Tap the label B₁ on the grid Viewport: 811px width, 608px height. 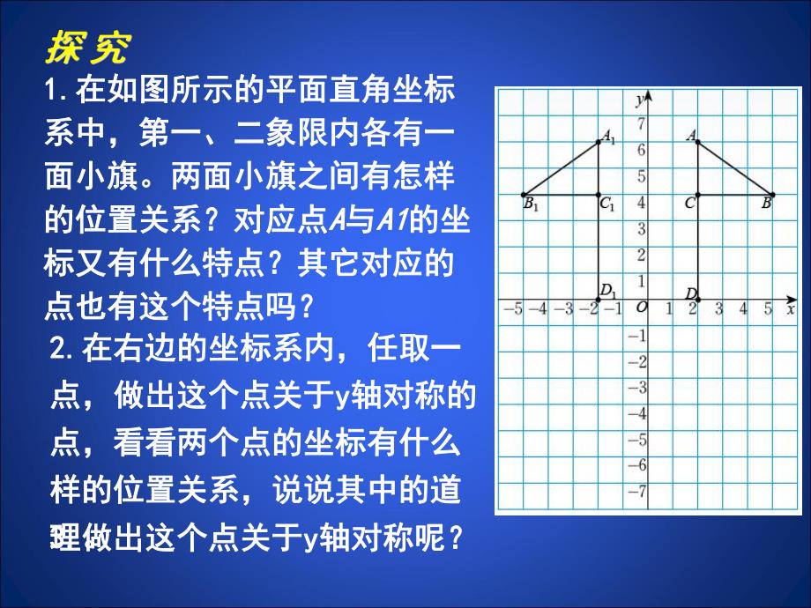point(530,205)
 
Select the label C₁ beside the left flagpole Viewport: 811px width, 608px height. point(607,204)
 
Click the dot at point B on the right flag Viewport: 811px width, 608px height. point(772,195)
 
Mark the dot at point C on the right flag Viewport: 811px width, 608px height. point(697,195)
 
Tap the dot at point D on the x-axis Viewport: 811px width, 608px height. point(697,300)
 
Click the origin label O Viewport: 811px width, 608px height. point(641,308)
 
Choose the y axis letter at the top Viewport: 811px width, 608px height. point(637,100)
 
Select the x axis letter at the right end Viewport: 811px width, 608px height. point(790,308)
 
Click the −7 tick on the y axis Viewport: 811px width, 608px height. point(638,490)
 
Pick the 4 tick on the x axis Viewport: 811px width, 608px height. point(745,308)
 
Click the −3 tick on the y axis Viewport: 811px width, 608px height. point(638,386)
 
